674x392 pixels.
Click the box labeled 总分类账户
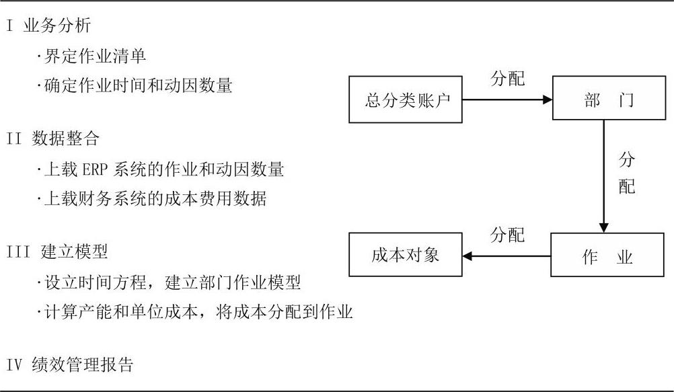pyautogui.click(x=406, y=100)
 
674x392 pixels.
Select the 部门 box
pyautogui.click(x=609, y=98)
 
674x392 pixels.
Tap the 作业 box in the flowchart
pyautogui.click(x=607, y=255)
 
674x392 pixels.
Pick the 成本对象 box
pyautogui.click(x=406, y=254)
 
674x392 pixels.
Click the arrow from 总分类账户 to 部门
pyautogui.click(x=507, y=100)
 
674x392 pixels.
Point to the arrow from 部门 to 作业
pyautogui.click(x=603, y=176)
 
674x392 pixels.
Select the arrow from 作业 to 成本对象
pyautogui.click(x=507, y=256)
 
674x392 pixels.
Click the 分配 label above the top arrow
pyautogui.click(x=508, y=78)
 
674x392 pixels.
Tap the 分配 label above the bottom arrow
pyautogui.click(x=508, y=235)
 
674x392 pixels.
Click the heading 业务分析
pyautogui.click(x=57, y=26)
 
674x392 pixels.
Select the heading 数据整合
pyautogui.click(x=65, y=139)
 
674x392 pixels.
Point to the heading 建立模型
pyautogui.click(x=74, y=251)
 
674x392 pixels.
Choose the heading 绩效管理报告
pyautogui.click(x=83, y=364)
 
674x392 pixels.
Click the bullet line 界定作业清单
pyautogui.click(x=91, y=56)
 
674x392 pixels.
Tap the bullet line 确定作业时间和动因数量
pyautogui.click(x=134, y=85)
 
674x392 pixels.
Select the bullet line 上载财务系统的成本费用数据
pyautogui.click(x=151, y=198)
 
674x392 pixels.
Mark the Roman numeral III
pyautogui.click(x=18, y=252)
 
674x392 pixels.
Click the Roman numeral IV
pyautogui.click(x=14, y=365)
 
